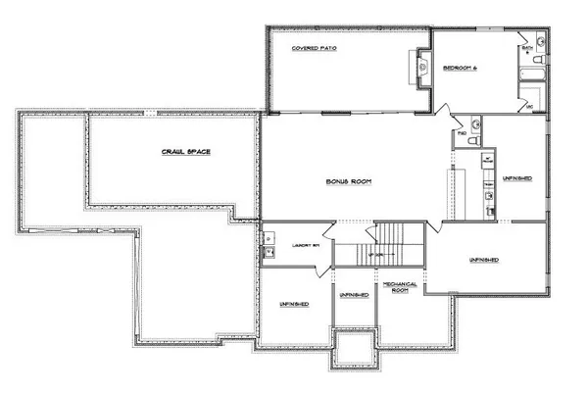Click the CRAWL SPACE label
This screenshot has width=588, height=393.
tap(186, 152)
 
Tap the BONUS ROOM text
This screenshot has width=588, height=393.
tap(349, 182)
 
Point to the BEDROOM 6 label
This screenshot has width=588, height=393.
tap(459, 68)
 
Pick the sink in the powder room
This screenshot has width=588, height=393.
tap(473, 123)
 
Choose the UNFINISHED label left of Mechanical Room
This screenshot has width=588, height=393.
tap(354, 294)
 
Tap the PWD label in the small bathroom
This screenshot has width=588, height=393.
tap(461, 132)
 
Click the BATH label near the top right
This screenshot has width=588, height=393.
tap(527, 46)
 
